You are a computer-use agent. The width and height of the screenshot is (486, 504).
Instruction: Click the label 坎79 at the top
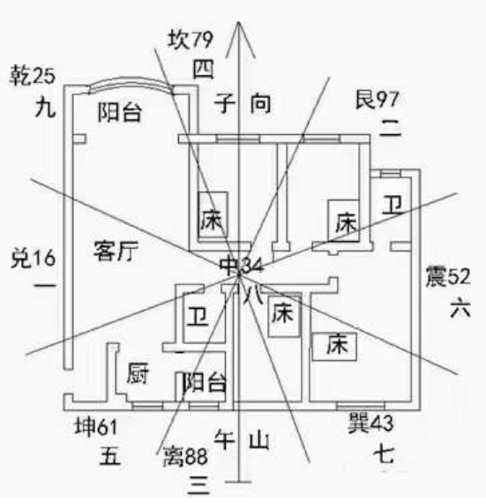191,40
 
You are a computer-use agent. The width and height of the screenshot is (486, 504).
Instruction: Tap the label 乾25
33,76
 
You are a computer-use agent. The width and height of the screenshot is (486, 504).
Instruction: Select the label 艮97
377,100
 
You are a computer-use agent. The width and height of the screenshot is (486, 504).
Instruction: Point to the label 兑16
34,258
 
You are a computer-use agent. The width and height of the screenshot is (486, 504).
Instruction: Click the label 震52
448,276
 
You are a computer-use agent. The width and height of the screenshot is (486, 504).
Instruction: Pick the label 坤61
96,427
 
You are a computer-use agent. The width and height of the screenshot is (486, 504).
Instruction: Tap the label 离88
185,455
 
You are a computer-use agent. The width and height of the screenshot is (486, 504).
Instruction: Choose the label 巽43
371,423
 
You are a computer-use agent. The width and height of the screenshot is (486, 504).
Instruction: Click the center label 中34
242,266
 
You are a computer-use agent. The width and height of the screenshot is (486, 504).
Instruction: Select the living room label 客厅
116,251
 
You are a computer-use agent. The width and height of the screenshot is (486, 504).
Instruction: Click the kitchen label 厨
138,373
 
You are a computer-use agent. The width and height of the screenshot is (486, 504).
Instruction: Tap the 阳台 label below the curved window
119,112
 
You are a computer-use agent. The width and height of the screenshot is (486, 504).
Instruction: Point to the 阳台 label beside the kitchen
205,383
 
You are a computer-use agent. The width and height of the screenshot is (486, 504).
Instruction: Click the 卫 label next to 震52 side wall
393,205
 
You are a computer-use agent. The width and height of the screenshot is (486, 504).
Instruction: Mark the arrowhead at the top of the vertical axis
239,22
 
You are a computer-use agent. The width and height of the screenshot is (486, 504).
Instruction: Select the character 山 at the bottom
259,440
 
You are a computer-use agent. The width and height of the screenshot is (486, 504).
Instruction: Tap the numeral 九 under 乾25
45,108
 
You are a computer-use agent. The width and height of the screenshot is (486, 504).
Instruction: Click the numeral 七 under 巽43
384,455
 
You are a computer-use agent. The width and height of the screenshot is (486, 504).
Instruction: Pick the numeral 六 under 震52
460,308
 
